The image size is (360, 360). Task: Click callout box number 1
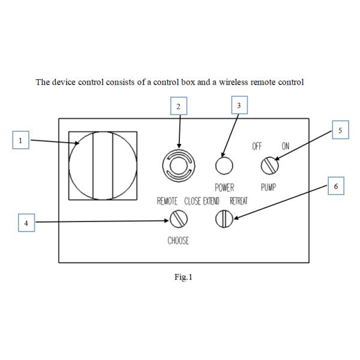click(x=20, y=140)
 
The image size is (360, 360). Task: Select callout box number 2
click(x=179, y=106)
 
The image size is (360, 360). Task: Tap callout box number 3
click(x=239, y=105)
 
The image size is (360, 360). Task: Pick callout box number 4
click(x=26, y=223)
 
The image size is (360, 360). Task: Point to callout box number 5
click(x=340, y=130)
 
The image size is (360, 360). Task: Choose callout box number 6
click(x=335, y=186)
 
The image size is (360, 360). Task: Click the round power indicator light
click(x=224, y=166)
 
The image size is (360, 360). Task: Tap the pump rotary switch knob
click(x=269, y=166)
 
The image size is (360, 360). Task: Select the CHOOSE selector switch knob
click(x=178, y=219)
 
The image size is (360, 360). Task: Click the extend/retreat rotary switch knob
click(x=224, y=219)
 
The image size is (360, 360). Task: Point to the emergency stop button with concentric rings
click(x=179, y=166)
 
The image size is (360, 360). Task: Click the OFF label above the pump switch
click(x=257, y=146)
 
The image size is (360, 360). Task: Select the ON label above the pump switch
click(x=286, y=146)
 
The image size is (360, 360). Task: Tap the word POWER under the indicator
click(x=224, y=188)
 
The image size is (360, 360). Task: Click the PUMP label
click(x=268, y=187)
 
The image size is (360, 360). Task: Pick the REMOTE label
click(x=167, y=201)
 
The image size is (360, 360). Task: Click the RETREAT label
click(x=239, y=201)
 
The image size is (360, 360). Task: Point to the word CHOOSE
click(x=178, y=241)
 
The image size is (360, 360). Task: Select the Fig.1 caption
click(x=183, y=277)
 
